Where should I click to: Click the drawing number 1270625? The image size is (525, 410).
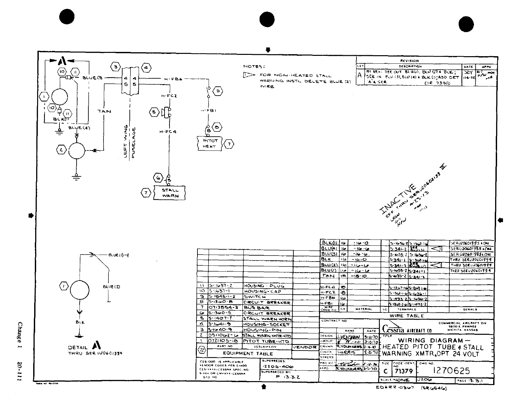click(451, 371)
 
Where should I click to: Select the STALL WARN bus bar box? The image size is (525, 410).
click(170, 193)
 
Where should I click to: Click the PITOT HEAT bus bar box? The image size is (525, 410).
click(209, 144)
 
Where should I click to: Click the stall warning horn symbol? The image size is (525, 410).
click(166, 112)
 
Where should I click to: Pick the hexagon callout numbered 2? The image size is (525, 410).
click(61, 150)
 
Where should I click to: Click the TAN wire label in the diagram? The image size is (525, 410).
click(104, 111)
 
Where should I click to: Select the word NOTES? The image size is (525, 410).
click(254, 66)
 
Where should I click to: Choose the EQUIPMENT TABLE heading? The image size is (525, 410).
click(248, 353)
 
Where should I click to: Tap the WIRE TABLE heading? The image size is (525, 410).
click(406, 315)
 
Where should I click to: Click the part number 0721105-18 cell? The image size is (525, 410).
click(223, 341)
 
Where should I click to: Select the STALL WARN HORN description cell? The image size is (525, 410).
click(267, 319)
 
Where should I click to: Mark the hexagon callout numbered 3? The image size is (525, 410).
click(115, 68)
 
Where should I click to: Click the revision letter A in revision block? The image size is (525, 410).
click(360, 75)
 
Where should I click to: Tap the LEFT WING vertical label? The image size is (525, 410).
click(126, 142)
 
